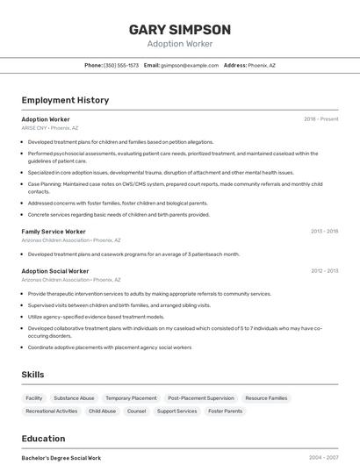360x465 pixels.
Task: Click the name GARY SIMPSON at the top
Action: tap(180, 29)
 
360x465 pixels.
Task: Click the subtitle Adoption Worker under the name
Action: tap(180, 44)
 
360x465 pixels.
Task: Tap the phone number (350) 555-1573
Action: tap(121, 65)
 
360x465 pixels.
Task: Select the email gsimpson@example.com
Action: tap(190, 65)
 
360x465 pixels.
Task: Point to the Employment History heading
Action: tap(65, 100)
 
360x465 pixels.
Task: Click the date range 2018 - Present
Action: tap(320, 118)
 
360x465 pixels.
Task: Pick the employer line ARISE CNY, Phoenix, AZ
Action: tap(50, 127)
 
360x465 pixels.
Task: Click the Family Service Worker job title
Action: tap(54, 231)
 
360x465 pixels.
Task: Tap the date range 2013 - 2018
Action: tap(324, 231)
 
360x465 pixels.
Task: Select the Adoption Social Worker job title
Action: tap(55, 271)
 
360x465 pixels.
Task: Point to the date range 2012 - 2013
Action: tap(324, 271)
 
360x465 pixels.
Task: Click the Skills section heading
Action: tap(33, 375)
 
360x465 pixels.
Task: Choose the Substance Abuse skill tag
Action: tap(74, 397)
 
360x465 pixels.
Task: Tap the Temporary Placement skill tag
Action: tap(131, 397)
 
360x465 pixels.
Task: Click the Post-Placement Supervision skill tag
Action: tap(201, 397)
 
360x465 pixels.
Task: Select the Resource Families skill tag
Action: tap(266, 397)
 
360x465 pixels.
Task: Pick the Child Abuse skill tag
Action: tap(102, 411)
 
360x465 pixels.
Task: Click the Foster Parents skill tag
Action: tap(225, 411)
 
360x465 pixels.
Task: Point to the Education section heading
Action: tap(44, 438)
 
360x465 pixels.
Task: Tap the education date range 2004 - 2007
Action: tap(324, 457)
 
